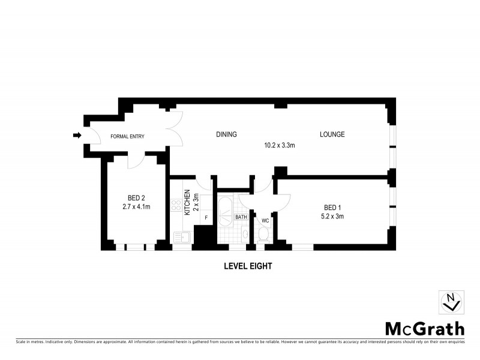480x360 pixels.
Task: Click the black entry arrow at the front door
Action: pos(77,136)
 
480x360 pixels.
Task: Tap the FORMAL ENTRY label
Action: pos(127,136)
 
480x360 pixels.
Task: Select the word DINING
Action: pos(227,134)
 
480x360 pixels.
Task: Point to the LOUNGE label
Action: pos(332,134)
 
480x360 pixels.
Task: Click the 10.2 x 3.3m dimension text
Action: pos(280,145)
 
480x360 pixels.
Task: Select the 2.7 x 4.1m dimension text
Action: pos(136,207)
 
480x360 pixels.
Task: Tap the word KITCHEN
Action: pos(187,202)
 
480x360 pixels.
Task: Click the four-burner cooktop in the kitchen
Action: pos(176,206)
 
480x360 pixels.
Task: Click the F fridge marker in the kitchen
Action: pos(206,217)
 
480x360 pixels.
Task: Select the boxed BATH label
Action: pos(241,217)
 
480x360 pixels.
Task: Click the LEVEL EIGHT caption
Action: pos(248,265)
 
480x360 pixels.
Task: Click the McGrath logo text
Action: pos(424,328)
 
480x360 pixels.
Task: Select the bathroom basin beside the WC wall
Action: pos(245,235)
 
